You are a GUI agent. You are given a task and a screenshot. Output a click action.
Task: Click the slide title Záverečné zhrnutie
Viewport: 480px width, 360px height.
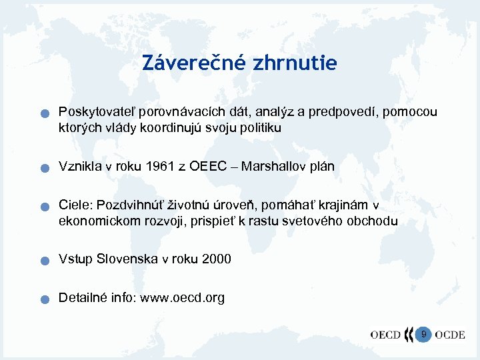[x=239, y=63]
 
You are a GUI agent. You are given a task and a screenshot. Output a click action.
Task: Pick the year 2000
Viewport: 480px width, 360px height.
[x=215, y=259]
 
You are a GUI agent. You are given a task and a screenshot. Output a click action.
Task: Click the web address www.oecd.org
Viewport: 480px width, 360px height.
[x=181, y=297]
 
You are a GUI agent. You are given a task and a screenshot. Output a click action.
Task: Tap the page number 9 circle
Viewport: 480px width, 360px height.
[x=423, y=333]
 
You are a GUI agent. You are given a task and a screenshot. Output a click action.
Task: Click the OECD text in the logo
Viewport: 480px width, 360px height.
[x=385, y=335]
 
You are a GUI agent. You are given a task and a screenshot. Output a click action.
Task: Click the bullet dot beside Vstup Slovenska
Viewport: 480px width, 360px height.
[x=43, y=261]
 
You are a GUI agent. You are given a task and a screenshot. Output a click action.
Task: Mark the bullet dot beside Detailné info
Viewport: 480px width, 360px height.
[x=43, y=300]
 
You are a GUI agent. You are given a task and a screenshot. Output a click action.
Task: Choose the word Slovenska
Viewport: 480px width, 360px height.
[x=127, y=259]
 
